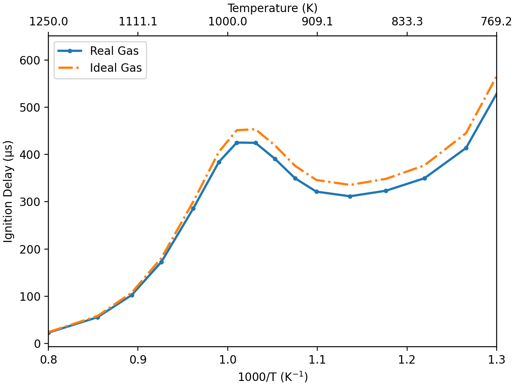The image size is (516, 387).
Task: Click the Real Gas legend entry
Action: (114, 51)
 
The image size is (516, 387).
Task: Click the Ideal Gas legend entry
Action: (116, 68)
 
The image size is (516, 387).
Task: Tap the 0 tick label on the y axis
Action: (37, 343)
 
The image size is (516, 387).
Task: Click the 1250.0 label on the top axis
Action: (48, 21)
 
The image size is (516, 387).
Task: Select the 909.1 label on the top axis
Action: (317, 21)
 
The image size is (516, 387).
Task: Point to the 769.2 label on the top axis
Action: (496, 21)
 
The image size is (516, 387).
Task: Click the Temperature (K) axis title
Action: (273, 8)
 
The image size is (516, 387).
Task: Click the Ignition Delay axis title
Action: (8, 191)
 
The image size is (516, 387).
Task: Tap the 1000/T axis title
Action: (273, 377)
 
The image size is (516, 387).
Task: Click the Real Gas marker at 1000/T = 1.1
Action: (317, 192)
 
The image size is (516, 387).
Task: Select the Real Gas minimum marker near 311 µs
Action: (350, 196)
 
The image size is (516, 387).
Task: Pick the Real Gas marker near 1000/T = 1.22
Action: (424, 178)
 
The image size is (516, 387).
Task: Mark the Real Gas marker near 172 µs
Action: (161, 262)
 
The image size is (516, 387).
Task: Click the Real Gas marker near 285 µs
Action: (193, 208)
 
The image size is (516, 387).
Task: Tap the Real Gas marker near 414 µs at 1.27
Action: (466, 148)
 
